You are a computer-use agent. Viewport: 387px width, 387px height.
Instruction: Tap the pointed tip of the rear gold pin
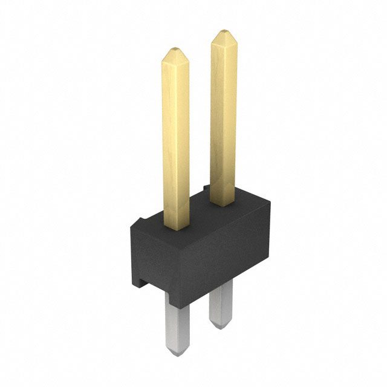(x=223, y=31)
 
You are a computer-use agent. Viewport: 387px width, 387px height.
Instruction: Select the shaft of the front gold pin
(x=175, y=139)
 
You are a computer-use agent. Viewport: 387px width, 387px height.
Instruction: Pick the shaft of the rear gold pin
(x=223, y=115)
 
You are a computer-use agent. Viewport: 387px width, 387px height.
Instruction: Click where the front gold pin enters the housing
(x=176, y=227)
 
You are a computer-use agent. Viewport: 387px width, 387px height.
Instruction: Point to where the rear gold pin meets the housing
(x=224, y=204)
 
